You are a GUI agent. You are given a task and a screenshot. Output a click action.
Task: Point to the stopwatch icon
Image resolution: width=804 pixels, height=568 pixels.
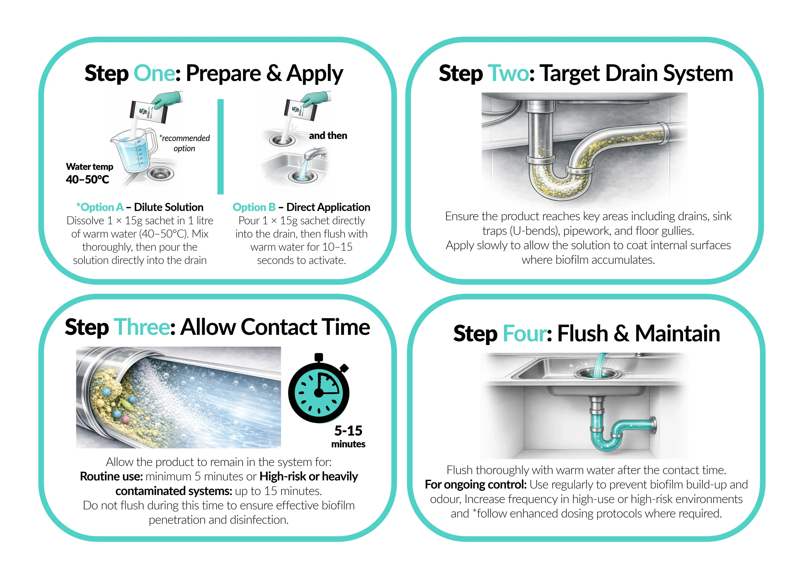[319, 388]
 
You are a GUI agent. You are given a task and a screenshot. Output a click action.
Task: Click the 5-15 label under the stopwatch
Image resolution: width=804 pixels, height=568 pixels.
[348, 431]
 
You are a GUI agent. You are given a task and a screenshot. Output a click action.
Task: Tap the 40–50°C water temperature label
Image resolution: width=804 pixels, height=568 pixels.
[88, 180]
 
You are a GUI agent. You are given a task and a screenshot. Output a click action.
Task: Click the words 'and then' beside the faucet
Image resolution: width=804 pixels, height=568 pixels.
[328, 136]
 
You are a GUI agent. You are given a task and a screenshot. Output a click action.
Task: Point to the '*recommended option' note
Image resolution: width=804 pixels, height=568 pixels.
[185, 143]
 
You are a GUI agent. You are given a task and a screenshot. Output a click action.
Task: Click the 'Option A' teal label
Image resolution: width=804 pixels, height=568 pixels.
[100, 207]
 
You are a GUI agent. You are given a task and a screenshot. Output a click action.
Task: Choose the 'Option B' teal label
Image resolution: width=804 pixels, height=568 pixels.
[254, 207]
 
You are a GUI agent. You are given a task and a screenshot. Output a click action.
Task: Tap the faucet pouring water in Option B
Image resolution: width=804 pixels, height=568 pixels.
[314, 154]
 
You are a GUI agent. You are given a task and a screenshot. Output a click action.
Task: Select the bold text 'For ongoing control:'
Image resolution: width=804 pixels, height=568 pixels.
[475, 484]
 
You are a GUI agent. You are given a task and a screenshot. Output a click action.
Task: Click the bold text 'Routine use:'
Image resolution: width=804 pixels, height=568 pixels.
[111, 476]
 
